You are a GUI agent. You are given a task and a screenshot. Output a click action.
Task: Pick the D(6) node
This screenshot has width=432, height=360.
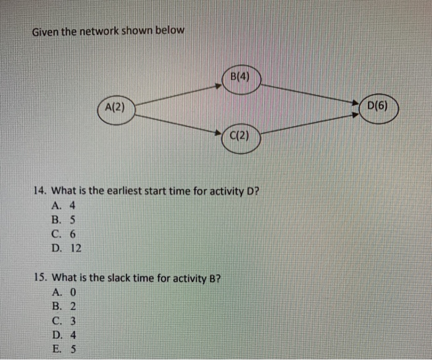[377, 106]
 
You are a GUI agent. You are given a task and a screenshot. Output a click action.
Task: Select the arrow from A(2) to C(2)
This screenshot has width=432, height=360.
[179, 121]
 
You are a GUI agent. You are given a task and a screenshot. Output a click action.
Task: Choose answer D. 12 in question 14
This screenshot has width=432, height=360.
[66, 248]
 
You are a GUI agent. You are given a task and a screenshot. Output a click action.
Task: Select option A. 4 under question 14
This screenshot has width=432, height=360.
[64, 206]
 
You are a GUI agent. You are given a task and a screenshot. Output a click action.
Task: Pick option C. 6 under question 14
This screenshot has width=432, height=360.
[64, 234]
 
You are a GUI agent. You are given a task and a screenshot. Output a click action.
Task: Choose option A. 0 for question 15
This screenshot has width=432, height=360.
[64, 292]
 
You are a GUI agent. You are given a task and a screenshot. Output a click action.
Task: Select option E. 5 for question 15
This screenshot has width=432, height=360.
[64, 348]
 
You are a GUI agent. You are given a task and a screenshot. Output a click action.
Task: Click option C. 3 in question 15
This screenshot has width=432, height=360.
[64, 320]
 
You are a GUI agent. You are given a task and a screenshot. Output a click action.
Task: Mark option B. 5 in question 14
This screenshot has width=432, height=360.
[64, 220]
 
